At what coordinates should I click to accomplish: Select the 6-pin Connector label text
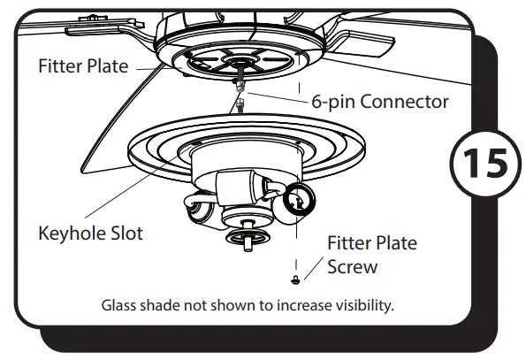(379, 102)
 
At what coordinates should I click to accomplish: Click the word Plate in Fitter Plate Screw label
(396, 243)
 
